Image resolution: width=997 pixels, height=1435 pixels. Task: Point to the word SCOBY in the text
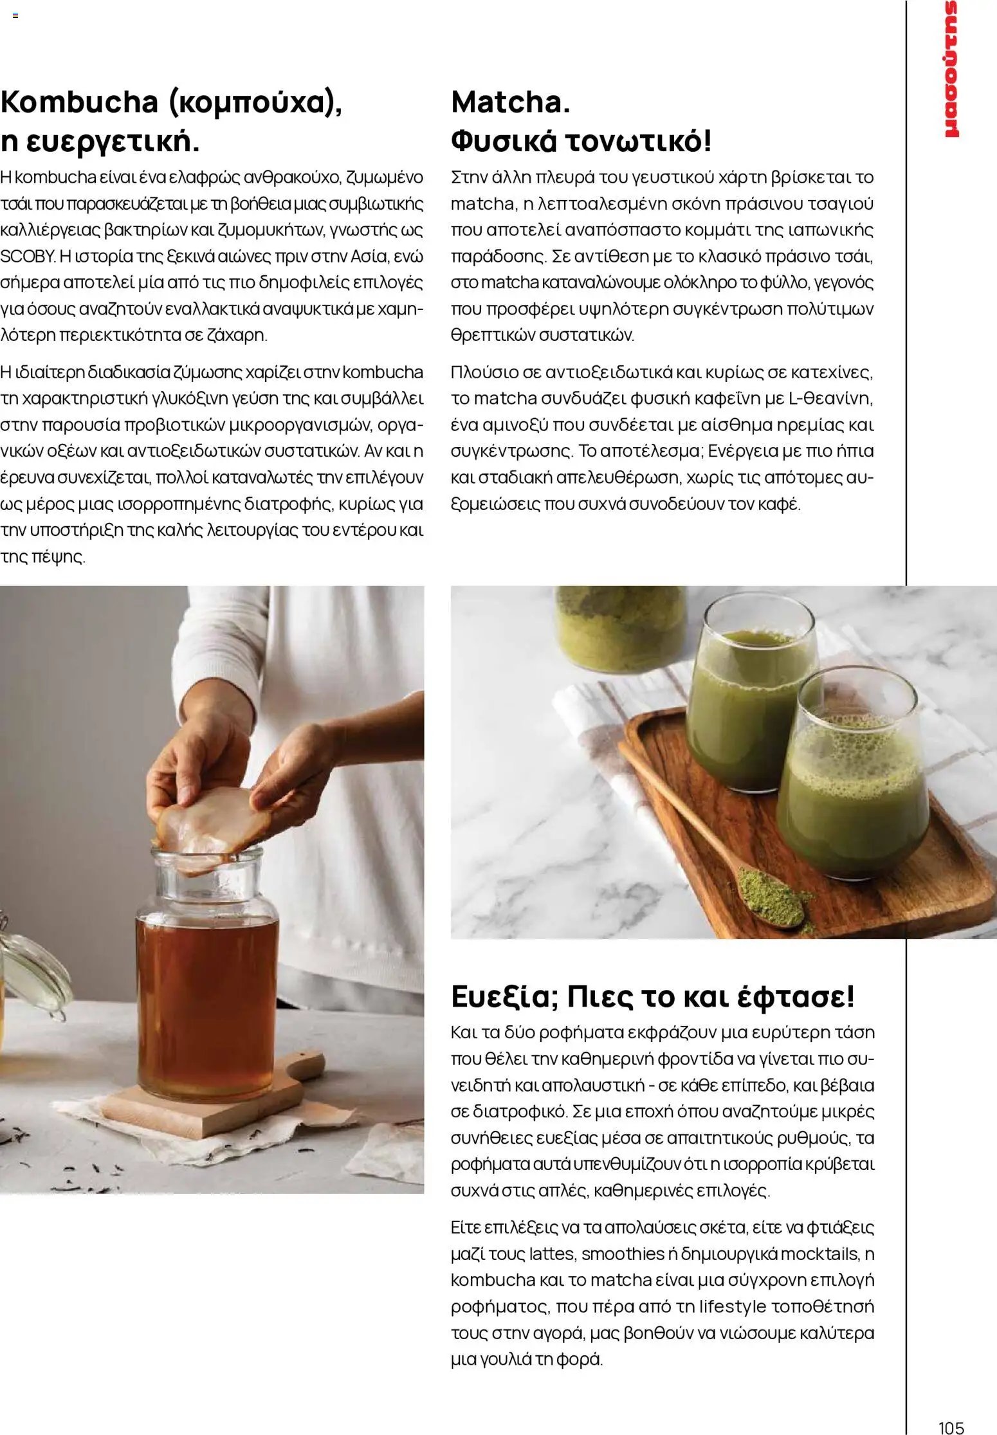[x=28, y=257]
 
